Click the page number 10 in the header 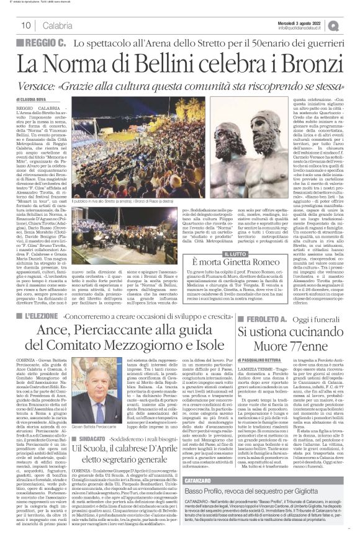pos(26,25)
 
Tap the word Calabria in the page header pos(58,25)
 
